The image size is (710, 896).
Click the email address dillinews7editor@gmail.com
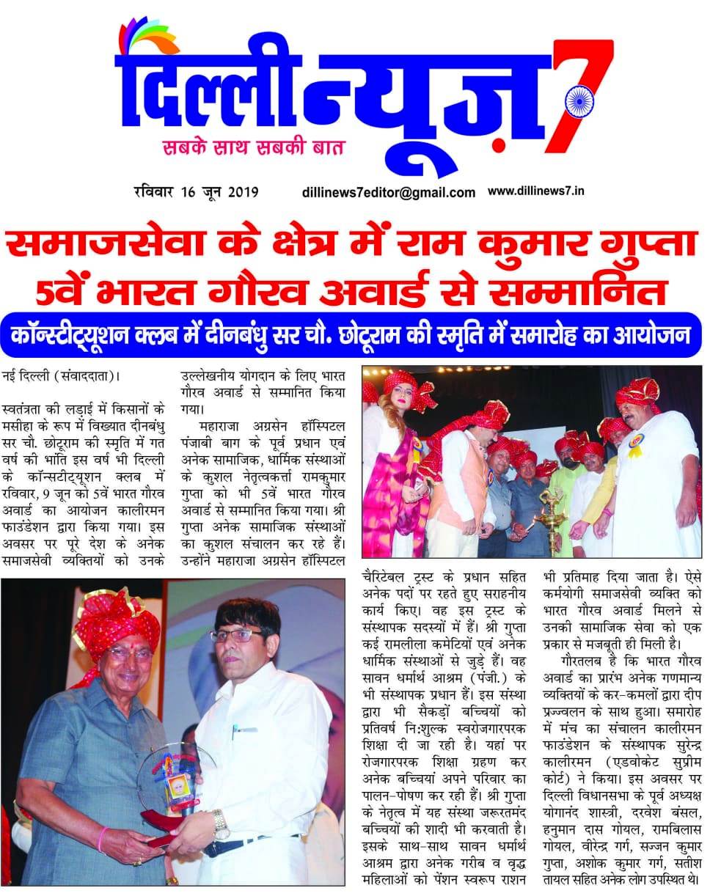[x=388, y=193]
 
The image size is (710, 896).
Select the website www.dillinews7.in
[x=535, y=191]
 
